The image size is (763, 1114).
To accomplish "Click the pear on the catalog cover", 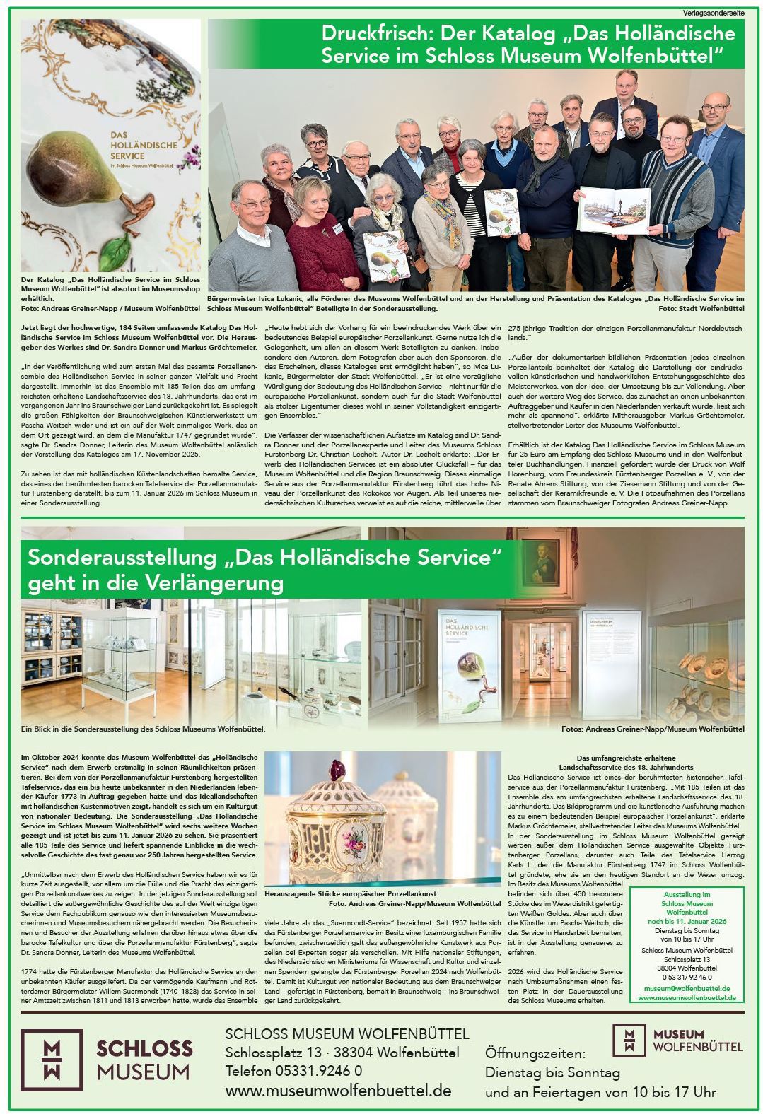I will coord(71,163).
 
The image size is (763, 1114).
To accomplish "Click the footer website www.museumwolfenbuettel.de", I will coord(338,1091).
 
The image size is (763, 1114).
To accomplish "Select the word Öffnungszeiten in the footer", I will coord(535,1054).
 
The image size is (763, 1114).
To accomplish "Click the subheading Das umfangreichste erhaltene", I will coord(627,758).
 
